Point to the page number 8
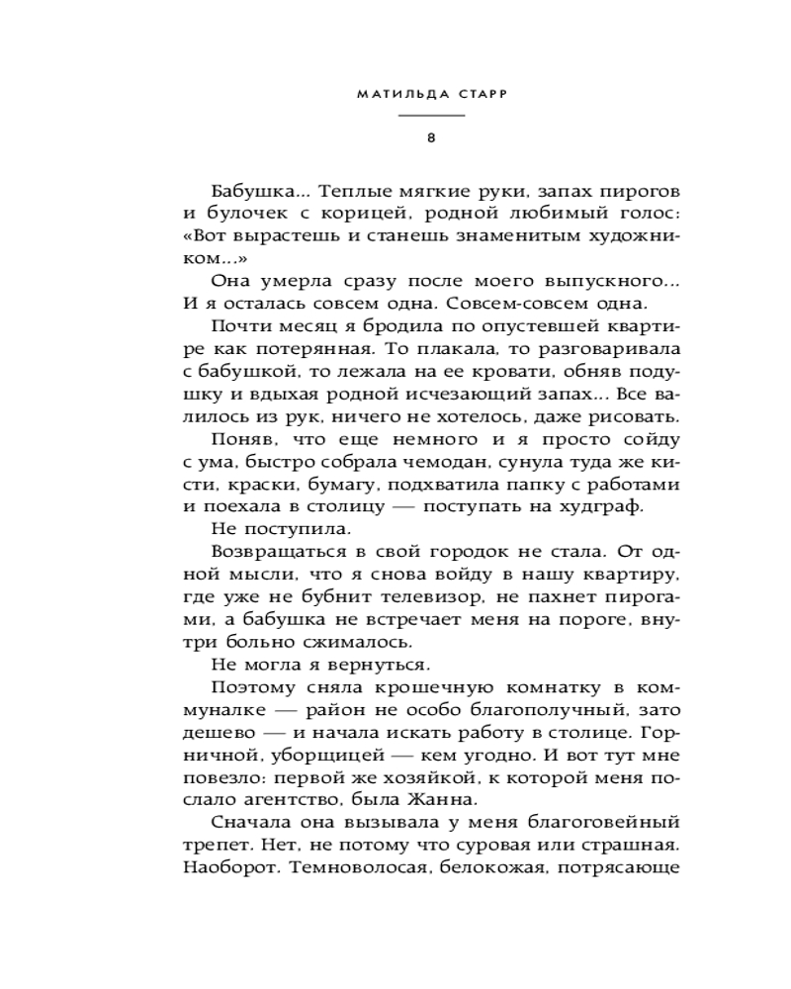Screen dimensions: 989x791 tap(431, 137)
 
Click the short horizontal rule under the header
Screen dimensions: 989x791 tap(431, 117)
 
